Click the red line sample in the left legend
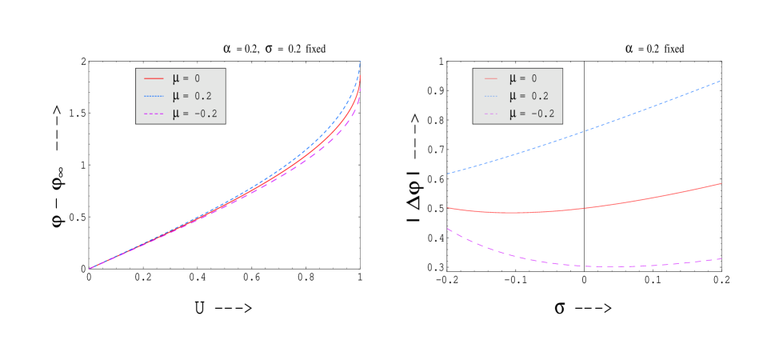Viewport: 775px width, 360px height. click(x=154, y=78)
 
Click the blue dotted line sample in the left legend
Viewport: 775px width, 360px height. click(x=154, y=96)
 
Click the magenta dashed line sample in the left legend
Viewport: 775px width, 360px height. click(x=154, y=114)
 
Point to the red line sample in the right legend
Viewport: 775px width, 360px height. click(x=490, y=78)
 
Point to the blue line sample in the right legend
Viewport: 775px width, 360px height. click(x=490, y=96)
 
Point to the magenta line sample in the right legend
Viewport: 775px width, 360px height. click(x=490, y=114)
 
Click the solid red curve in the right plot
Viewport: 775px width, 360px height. click(x=584, y=209)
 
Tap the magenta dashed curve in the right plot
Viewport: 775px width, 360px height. click(x=584, y=266)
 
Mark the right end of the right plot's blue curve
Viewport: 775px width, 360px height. click(x=721, y=81)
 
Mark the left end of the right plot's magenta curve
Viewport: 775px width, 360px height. click(x=447, y=229)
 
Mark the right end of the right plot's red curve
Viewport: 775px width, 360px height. click(x=721, y=183)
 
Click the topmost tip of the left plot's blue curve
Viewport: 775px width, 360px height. click(x=360, y=62)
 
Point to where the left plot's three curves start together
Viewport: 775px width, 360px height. click(x=89, y=268)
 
